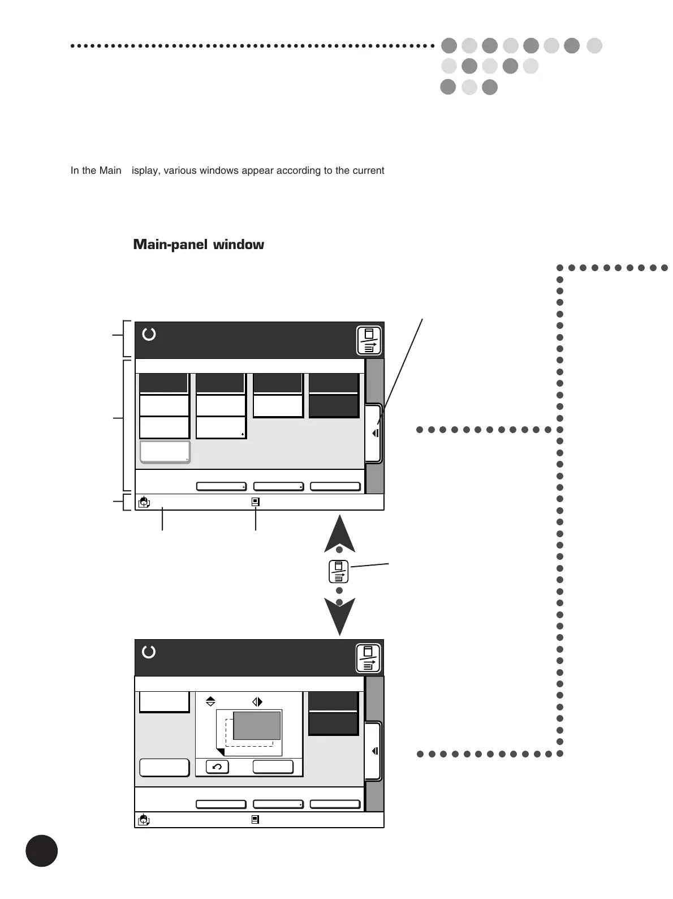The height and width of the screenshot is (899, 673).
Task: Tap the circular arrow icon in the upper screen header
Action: [x=149, y=334]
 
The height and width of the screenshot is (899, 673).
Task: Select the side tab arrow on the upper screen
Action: [x=374, y=434]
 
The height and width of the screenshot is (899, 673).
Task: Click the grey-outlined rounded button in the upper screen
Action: [x=165, y=452]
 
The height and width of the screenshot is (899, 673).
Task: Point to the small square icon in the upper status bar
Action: [x=255, y=502]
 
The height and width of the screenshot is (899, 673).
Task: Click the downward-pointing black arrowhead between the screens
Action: [x=339, y=617]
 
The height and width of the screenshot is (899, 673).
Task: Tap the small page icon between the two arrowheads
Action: [x=338, y=572]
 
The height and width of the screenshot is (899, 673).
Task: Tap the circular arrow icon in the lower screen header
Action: [x=149, y=652]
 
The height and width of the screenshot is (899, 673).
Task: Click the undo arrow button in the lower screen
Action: [x=217, y=767]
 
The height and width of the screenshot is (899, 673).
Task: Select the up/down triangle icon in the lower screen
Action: [x=210, y=701]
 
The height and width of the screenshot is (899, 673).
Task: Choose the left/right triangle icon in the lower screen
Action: [x=257, y=701]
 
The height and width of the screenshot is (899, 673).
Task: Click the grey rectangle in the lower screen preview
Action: [x=257, y=726]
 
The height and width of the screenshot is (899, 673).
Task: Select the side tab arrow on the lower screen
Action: [x=374, y=751]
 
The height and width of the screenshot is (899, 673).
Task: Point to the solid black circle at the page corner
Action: [x=41, y=850]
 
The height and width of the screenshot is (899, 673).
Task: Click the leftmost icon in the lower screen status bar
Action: [x=144, y=819]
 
